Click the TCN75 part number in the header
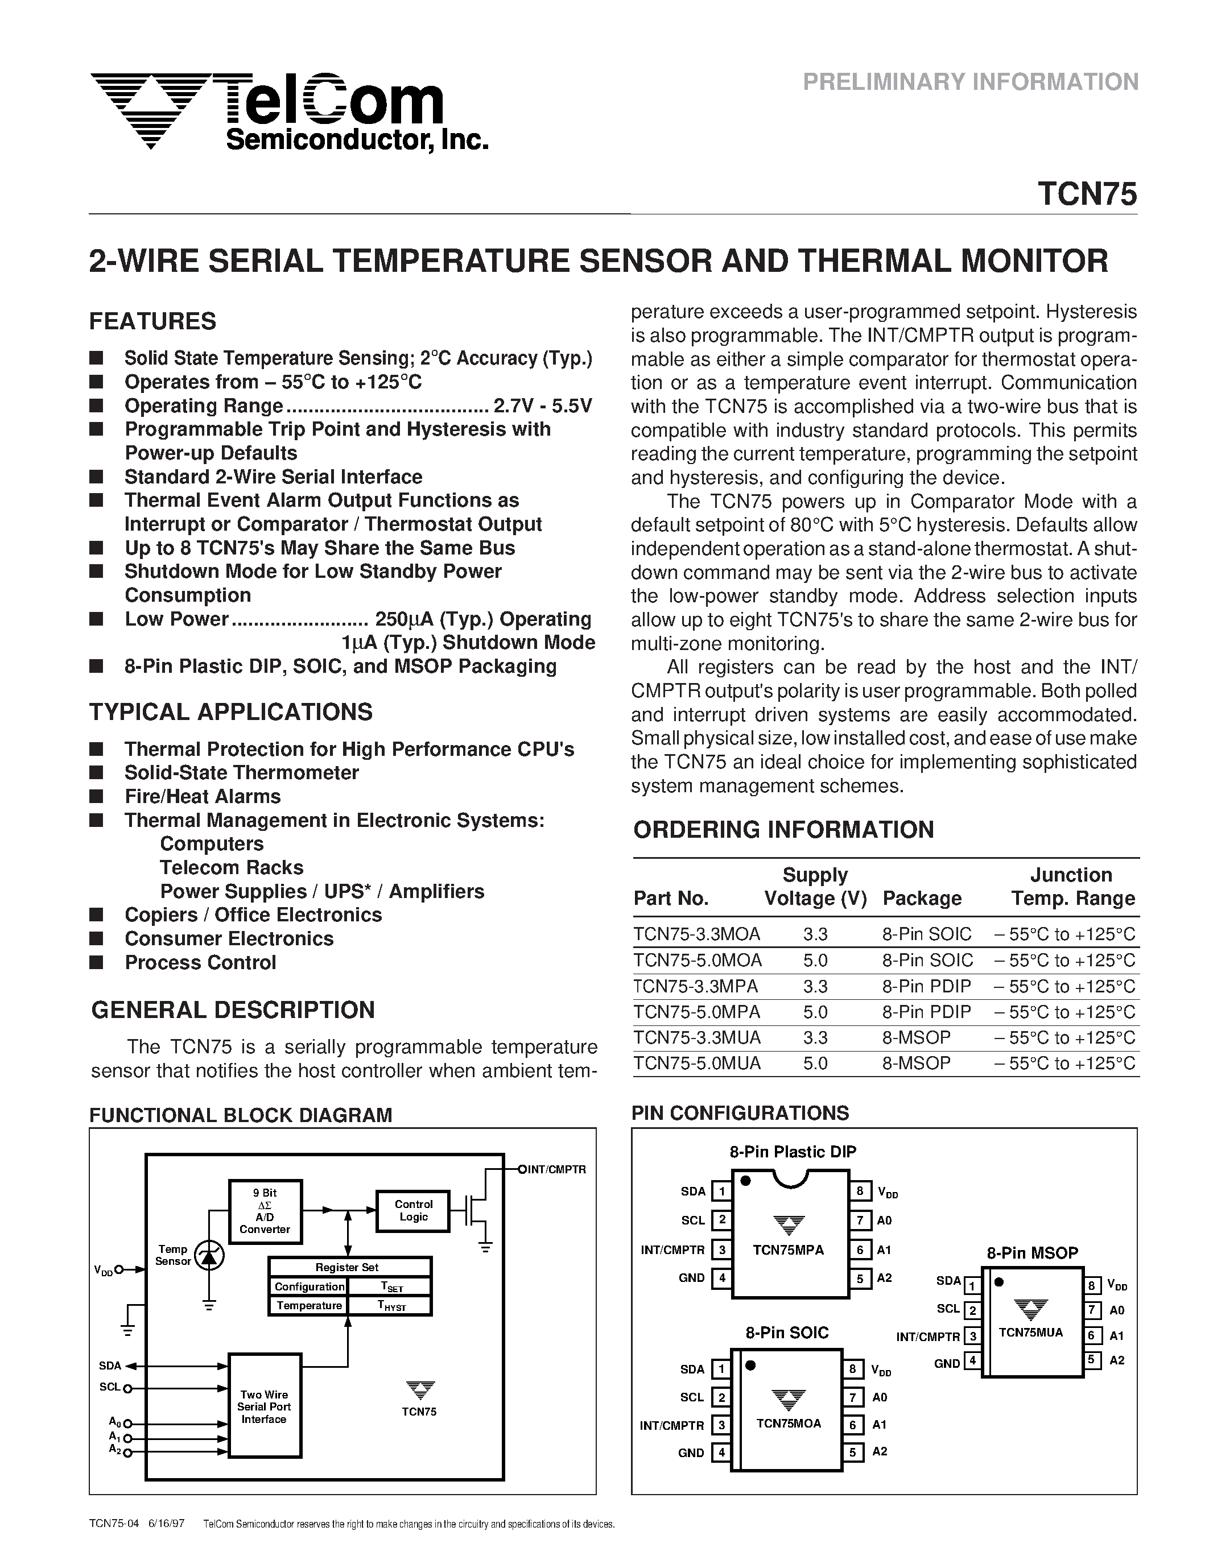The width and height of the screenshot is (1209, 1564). (x=1087, y=194)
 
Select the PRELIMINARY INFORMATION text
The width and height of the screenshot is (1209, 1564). (x=970, y=82)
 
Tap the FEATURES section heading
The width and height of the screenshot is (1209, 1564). (x=152, y=321)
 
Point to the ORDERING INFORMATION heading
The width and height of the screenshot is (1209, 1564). (x=783, y=829)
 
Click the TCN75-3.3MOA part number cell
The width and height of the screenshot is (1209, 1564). (x=697, y=934)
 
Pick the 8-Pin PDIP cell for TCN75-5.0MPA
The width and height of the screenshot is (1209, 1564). (x=926, y=1012)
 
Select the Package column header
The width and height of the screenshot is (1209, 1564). (x=922, y=898)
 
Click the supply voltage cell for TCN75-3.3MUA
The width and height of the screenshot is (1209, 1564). (x=815, y=1038)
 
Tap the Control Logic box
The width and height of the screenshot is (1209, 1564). (x=413, y=1210)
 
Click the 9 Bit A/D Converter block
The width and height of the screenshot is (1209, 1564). (x=265, y=1211)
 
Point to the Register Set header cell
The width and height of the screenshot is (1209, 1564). (x=349, y=1267)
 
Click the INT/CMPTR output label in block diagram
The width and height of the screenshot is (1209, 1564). (x=556, y=1169)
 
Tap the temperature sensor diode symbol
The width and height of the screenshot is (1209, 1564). (x=209, y=1255)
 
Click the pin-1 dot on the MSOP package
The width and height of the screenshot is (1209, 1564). (x=998, y=1282)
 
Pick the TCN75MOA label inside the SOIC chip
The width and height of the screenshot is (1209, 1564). (x=788, y=1424)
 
